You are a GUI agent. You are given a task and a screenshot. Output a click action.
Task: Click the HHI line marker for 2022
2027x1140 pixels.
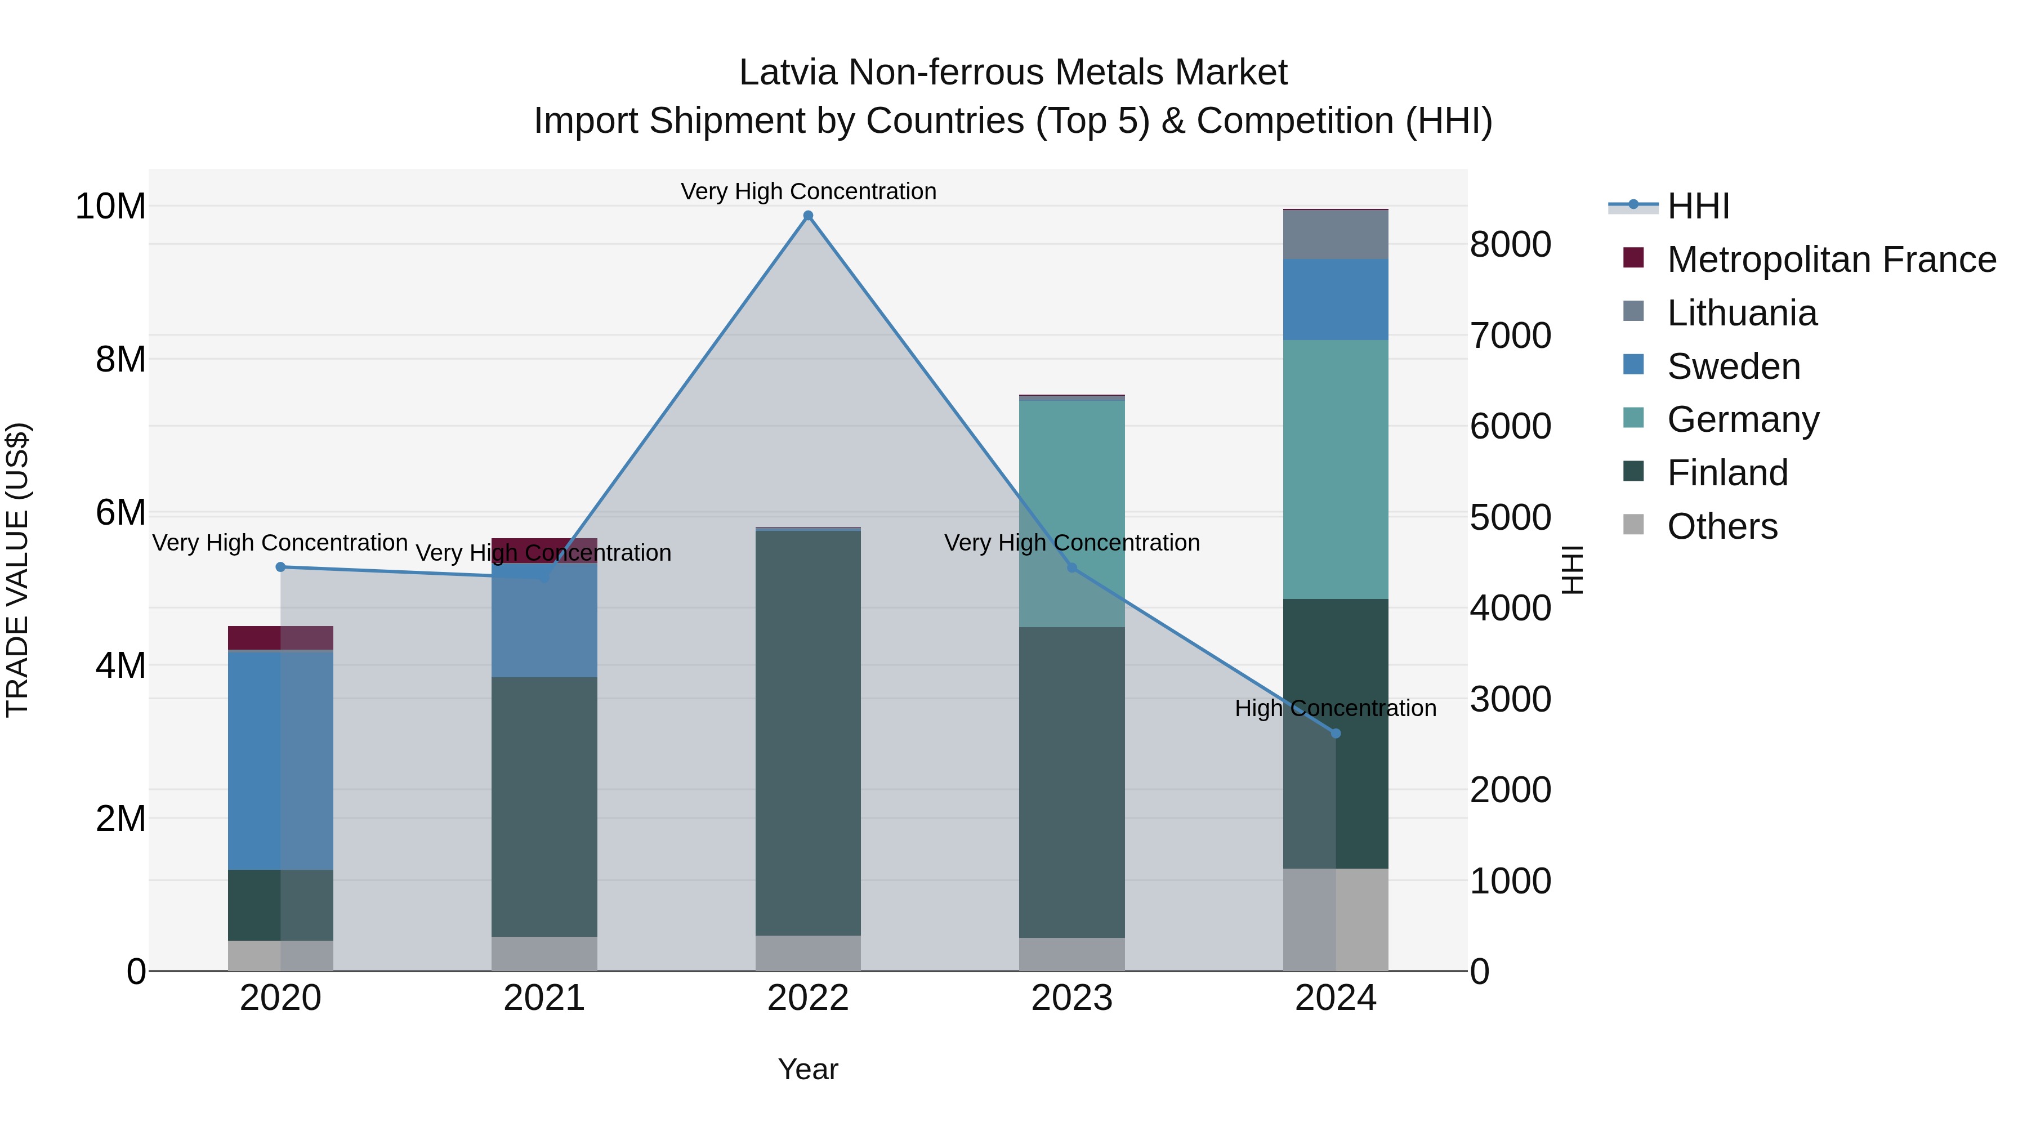[x=808, y=216]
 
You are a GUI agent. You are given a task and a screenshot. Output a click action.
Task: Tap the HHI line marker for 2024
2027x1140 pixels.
[x=1336, y=733]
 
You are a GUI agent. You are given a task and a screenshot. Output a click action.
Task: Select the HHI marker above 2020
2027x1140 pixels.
[x=280, y=566]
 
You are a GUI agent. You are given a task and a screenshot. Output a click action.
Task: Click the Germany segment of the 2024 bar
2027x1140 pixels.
[x=1336, y=469]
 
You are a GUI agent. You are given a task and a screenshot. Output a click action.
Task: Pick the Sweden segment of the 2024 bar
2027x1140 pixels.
[x=1336, y=299]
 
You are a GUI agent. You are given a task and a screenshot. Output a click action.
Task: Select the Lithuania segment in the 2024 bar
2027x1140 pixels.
[x=1336, y=234]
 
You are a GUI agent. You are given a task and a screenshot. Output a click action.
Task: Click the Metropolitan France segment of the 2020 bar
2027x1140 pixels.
[x=280, y=637]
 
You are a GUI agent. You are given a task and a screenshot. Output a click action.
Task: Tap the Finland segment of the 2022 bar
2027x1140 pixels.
[x=808, y=732]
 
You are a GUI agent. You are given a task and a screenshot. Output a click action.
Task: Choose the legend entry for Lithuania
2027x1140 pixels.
[x=1742, y=313]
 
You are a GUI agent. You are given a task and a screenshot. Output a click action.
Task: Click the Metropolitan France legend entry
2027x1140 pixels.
[x=1830, y=260]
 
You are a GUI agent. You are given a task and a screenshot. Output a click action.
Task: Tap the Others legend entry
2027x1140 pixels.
[x=1722, y=526]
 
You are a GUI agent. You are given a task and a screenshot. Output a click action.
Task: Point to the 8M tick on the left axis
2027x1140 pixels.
[x=120, y=360]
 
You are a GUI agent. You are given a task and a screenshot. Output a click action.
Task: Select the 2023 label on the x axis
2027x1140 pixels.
[x=1071, y=998]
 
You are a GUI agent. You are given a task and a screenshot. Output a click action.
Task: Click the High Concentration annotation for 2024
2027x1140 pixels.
[x=1336, y=708]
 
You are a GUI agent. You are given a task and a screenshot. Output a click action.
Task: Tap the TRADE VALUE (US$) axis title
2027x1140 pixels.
[x=18, y=570]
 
